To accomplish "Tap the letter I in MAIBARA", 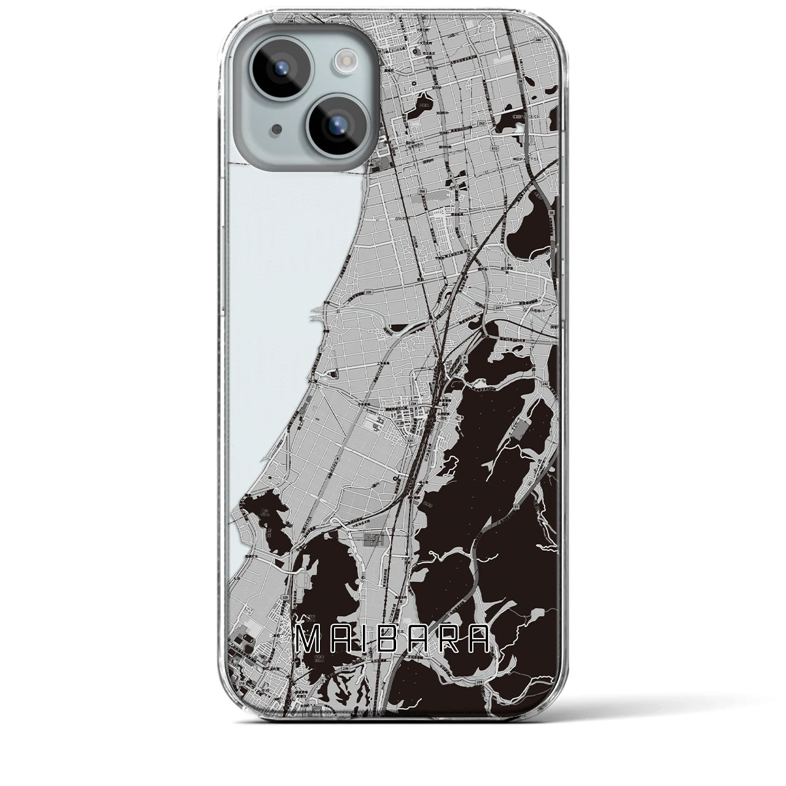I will click(366, 641).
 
